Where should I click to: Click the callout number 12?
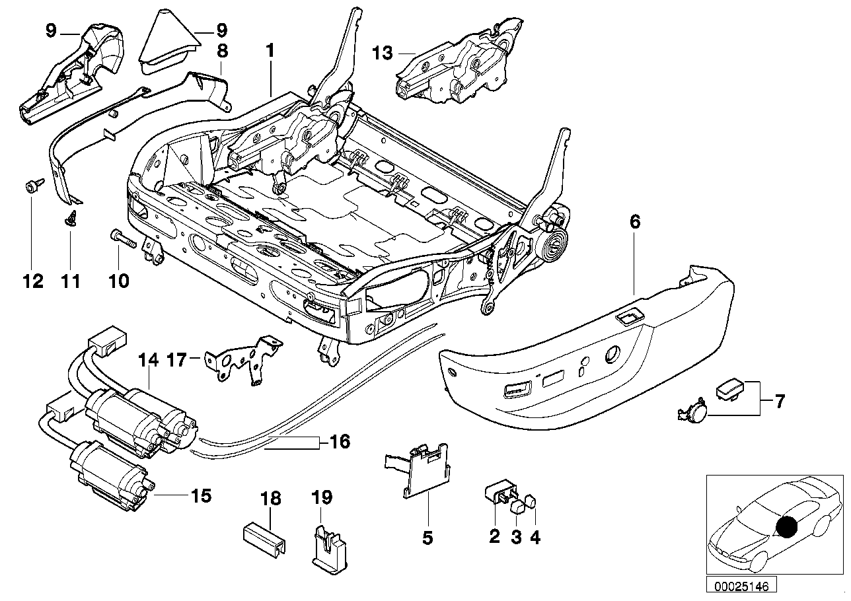(32, 282)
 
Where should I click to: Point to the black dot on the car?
(786, 528)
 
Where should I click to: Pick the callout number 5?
(427, 538)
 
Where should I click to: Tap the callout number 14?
(149, 361)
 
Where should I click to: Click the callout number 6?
(634, 223)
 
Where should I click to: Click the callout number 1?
(269, 50)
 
